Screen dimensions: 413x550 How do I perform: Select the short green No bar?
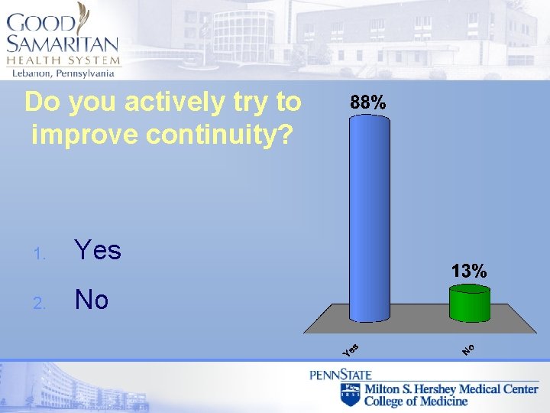tap(469, 304)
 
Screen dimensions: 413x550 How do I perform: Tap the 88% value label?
tap(368, 102)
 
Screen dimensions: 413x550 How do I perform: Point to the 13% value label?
tap(468, 271)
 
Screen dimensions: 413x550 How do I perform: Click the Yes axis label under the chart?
tap(351, 350)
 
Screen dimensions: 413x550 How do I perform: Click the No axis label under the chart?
tap(468, 350)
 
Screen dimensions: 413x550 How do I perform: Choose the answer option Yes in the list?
tap(97, 250)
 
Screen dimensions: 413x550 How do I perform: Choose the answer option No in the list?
tap(92, 301)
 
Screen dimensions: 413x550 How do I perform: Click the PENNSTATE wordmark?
tap(340, 375)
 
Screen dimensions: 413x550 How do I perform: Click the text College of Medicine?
tap(416, 402)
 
